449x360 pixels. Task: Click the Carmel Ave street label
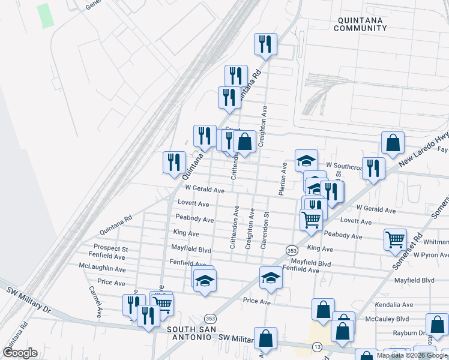(95, 301)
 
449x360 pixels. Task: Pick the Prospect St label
(110, 248)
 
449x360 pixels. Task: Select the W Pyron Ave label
(427, 255)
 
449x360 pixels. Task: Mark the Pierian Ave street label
(282, 179)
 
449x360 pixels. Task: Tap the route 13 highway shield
(316, 347)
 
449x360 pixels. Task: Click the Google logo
(20, 353)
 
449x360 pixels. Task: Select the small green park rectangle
(45, 16)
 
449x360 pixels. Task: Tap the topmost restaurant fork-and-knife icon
(265, 43)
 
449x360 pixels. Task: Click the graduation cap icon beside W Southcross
(306, 160)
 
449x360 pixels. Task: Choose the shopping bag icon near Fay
(392, 143)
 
